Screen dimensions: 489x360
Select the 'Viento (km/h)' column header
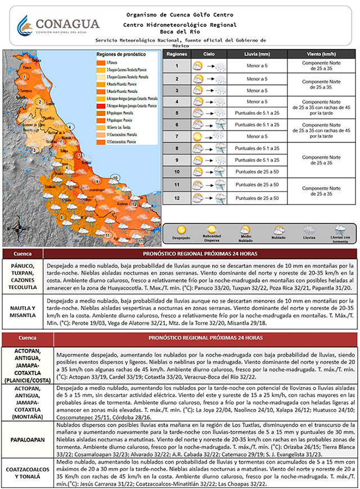pos(322,53)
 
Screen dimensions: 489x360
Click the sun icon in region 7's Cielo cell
pos(197,137)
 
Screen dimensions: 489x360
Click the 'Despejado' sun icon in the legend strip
pos(181,230)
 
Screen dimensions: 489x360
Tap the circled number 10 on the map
pos(115,178)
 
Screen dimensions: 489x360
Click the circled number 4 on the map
pos(71,126)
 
